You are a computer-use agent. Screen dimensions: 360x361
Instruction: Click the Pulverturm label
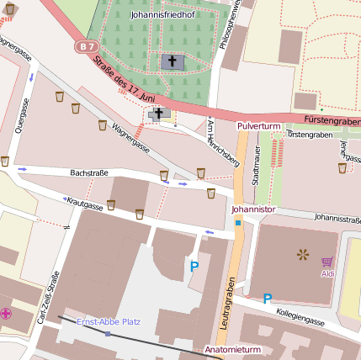pyautogui.click(x=258, y=125)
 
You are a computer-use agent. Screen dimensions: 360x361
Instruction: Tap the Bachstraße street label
pyautogui.click(x=89, y=172)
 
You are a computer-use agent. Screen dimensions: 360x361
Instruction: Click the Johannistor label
pyautogui.click(x=253, y=207)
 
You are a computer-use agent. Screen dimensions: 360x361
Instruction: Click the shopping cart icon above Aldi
pyautogui.click(x=326, y=262)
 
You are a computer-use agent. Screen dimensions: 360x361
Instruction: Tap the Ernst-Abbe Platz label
pyautogui.click(x=109, y=322)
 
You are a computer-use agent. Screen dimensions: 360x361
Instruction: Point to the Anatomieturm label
pyautogui.click(x=234, y=348)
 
